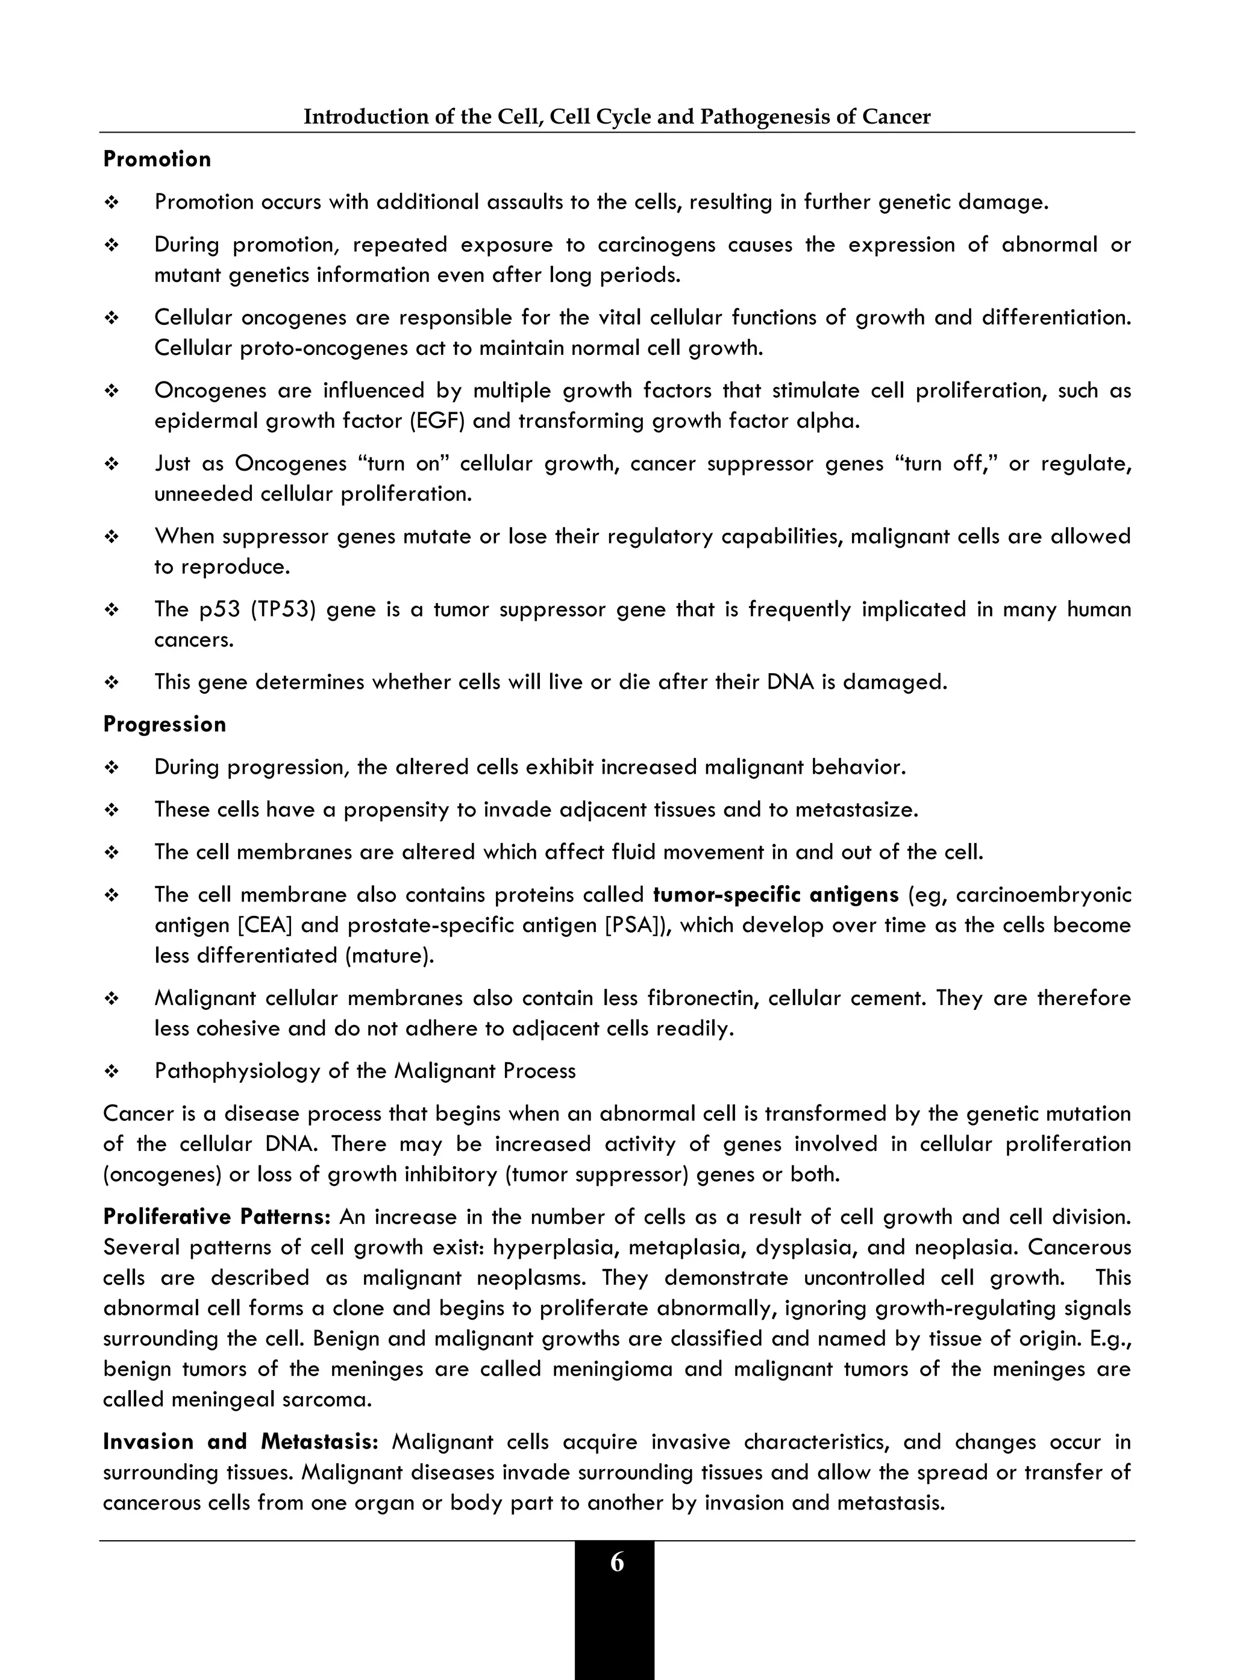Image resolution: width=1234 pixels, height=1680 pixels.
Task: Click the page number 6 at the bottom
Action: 616,1562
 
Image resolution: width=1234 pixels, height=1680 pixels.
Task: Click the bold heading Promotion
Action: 157,159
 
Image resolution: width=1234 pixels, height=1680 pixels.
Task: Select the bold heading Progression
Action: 164,724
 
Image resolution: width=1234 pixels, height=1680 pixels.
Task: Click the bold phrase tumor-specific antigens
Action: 775,895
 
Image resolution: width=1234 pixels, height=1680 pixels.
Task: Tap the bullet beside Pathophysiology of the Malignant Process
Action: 111,1071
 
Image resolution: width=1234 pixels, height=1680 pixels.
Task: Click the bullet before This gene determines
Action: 111,682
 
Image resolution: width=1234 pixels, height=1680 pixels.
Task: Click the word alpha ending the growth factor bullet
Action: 828,421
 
